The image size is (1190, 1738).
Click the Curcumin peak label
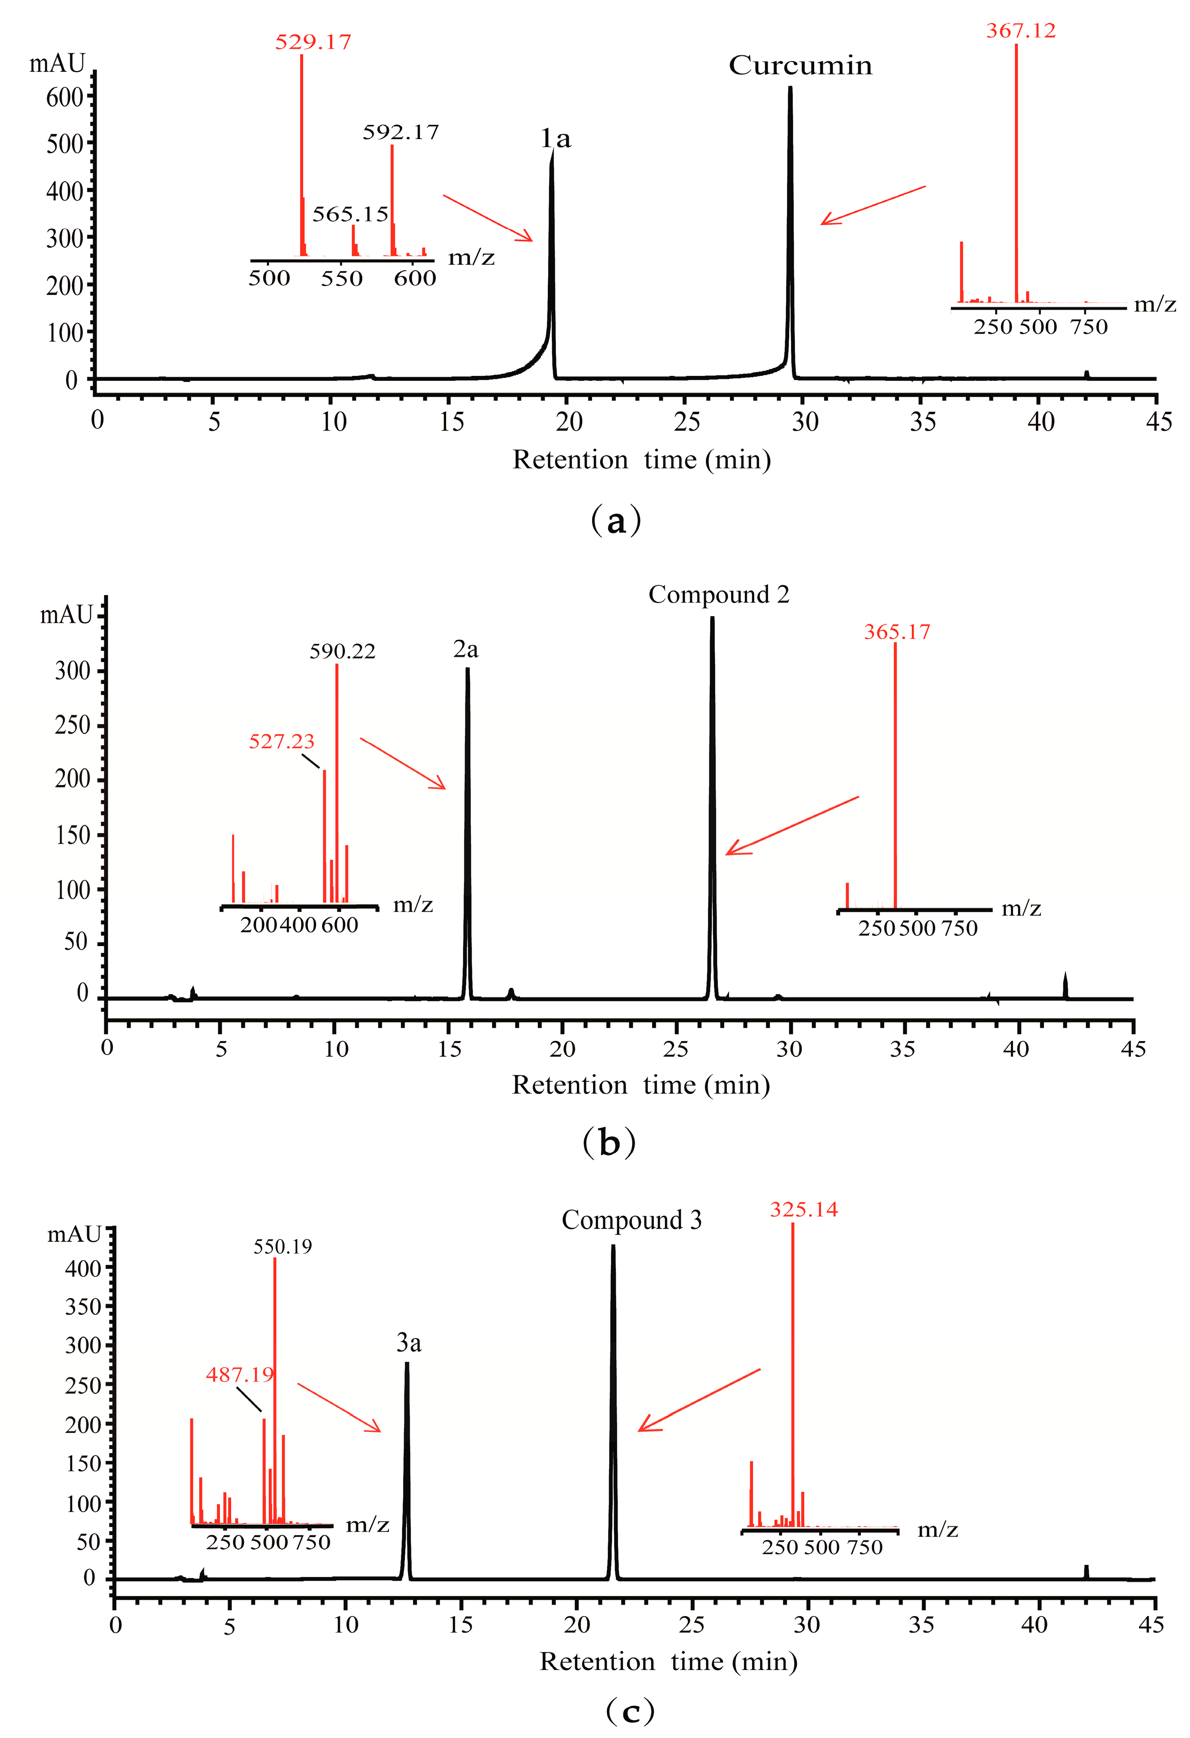tap(800, 66)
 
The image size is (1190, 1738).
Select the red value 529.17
tap(313, 41)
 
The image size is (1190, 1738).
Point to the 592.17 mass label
tap(401, 132)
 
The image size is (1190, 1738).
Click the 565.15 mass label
tap(350, 215)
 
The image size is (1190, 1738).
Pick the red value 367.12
tap(1020, 30)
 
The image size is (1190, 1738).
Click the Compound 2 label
tap(718, 595)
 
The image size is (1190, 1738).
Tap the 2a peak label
tap(466, 649)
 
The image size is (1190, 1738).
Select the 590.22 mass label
tap(342, 651)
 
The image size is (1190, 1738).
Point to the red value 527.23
tap(281, 741)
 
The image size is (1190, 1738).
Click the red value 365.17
tap(897, 632)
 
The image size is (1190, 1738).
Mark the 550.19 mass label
tap(283, 1247)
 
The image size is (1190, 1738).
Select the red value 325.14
tap(803, 1209)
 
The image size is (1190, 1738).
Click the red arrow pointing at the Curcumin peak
tap(872, 205)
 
